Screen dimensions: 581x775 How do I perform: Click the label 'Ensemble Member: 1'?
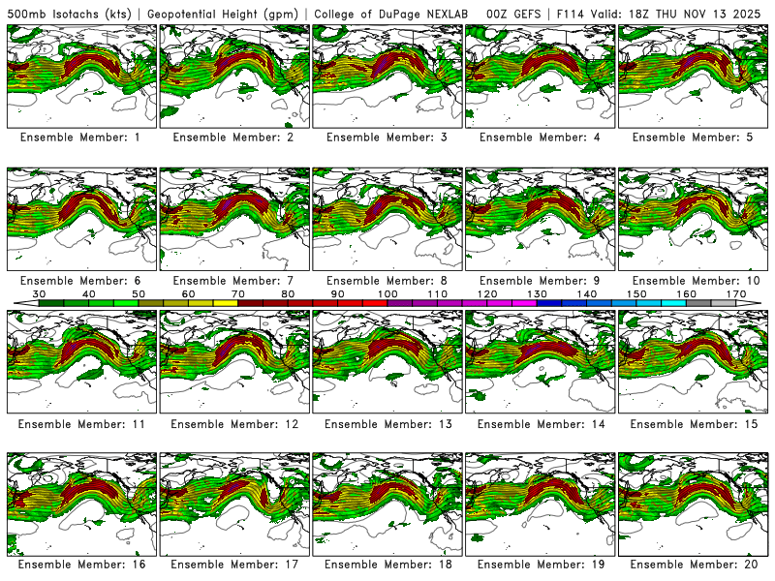(x=80, y=138)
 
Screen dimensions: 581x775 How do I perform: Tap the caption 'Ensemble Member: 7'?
(x=233, y=281)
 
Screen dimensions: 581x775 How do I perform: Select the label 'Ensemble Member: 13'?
(x=387, y=424)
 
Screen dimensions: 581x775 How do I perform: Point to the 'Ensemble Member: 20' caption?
(x=693, y=565)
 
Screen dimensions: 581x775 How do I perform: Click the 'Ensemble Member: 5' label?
(x=693, y=138)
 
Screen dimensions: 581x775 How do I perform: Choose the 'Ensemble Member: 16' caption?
(x=80, y=565)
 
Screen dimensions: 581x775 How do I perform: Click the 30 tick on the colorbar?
(x=40, y=293)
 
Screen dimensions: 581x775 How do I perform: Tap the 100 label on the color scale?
(x=387, y=293)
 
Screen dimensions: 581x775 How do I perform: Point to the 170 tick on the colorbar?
(x=736, y=293)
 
